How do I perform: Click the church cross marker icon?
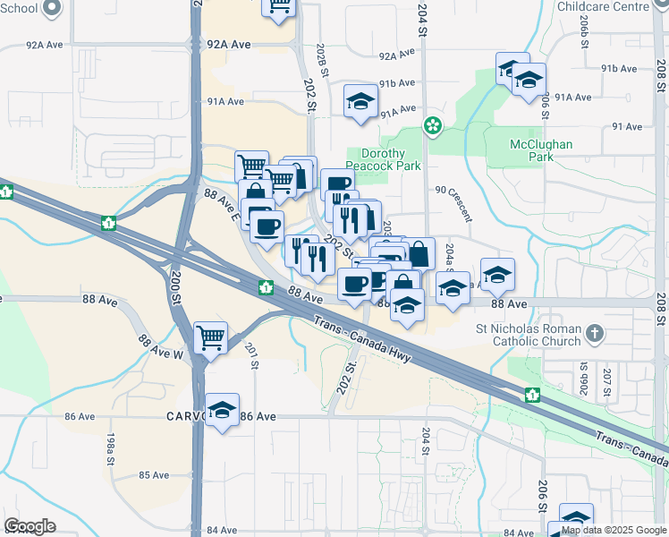coord(593,335)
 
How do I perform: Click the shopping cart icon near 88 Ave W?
coord(210,337)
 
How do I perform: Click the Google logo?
coord(30,526)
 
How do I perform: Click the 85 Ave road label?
coord(154,475)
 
